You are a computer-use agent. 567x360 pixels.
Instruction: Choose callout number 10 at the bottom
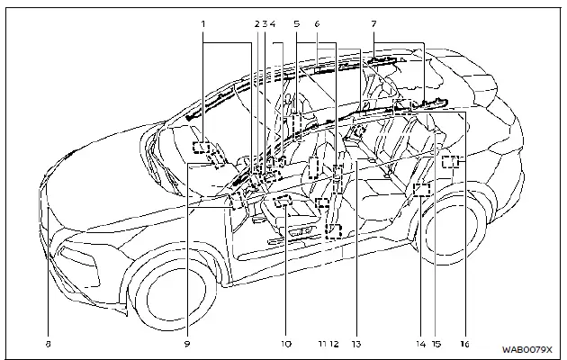(284, 343)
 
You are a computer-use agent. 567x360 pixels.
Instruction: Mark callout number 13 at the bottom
(356, 343)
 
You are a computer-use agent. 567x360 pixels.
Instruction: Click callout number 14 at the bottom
(420, 343)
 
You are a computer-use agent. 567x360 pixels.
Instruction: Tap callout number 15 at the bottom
(436, 343)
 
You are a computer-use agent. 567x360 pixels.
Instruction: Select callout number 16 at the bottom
(465, 343)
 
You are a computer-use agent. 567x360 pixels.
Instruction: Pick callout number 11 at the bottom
(321, 343)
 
